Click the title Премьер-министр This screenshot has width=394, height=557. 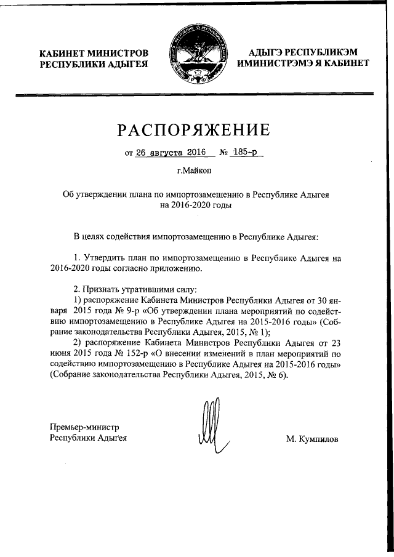click(x=84, y=427)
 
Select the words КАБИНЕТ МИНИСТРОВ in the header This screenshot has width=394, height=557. click(x=94, y=53)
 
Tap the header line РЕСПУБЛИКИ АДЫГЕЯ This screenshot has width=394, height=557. click(x=94, y=64)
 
